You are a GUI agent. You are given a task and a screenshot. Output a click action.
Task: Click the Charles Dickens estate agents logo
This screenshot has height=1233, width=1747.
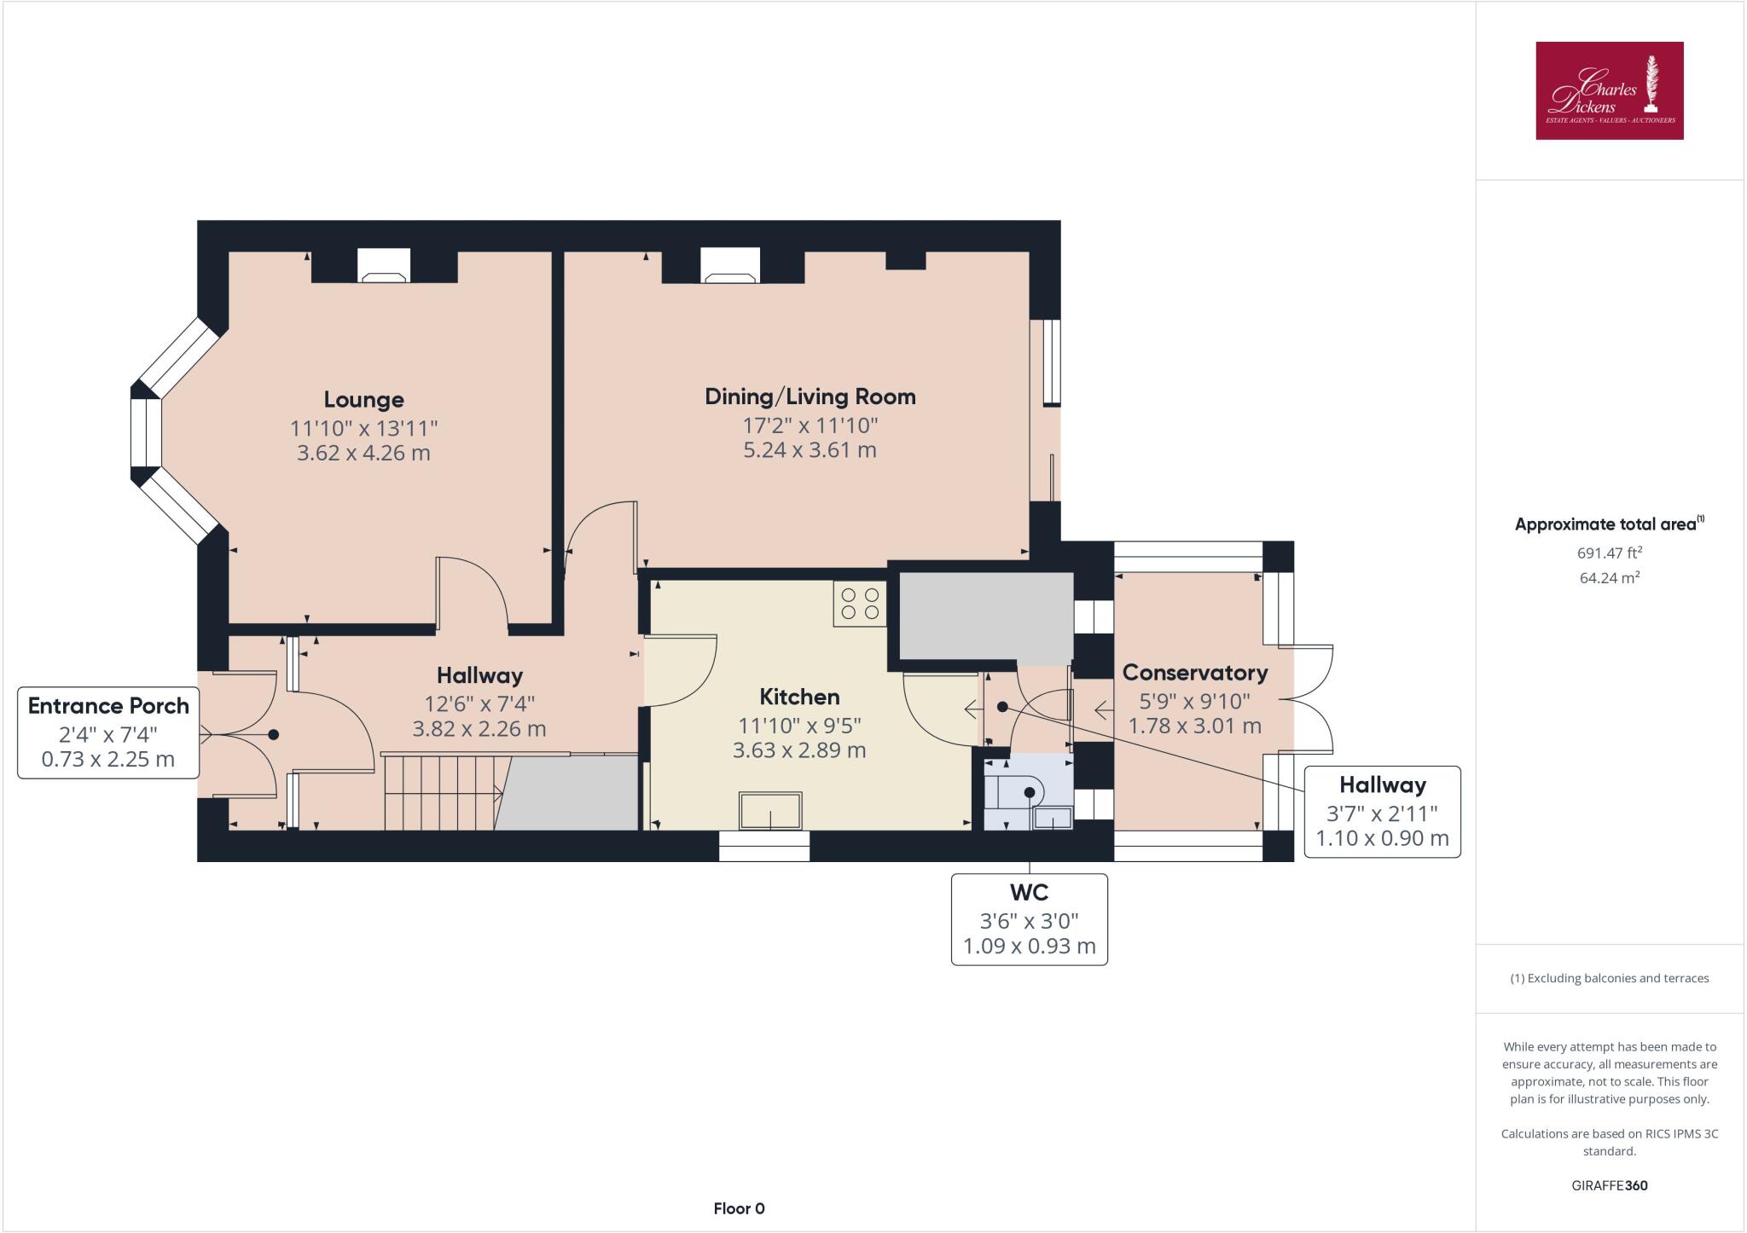(1609, 90)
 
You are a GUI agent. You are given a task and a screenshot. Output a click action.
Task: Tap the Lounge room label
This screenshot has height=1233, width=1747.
(363, 399)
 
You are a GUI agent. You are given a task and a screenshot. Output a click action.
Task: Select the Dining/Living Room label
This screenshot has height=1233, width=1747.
(810, 397)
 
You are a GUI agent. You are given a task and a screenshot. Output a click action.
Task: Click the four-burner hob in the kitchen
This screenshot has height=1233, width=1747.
(860, 604)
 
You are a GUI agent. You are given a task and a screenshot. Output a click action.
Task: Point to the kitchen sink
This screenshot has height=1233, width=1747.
(770, 810)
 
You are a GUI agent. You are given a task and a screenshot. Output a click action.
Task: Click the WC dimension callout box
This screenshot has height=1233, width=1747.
(1029, 919)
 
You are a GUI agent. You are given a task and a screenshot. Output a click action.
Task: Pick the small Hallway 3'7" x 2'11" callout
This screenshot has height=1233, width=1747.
(1381, 811)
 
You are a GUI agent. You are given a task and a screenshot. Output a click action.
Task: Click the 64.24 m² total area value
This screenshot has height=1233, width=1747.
(1609, 577)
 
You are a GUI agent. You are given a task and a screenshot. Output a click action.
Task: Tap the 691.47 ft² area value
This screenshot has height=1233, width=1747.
(1609, 553)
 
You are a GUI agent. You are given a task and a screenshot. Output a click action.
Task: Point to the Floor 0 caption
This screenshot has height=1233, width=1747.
(739, 1208)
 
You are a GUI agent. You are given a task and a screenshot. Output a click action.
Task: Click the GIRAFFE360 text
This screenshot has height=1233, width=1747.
(1609, 1185)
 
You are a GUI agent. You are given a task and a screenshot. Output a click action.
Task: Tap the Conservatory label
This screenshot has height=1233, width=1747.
(1194, 673)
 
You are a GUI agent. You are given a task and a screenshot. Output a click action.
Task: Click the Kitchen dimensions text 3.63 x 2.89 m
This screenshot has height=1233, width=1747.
(799, 750)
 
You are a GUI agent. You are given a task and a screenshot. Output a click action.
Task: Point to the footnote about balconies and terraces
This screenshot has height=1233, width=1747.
(1609, 978)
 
